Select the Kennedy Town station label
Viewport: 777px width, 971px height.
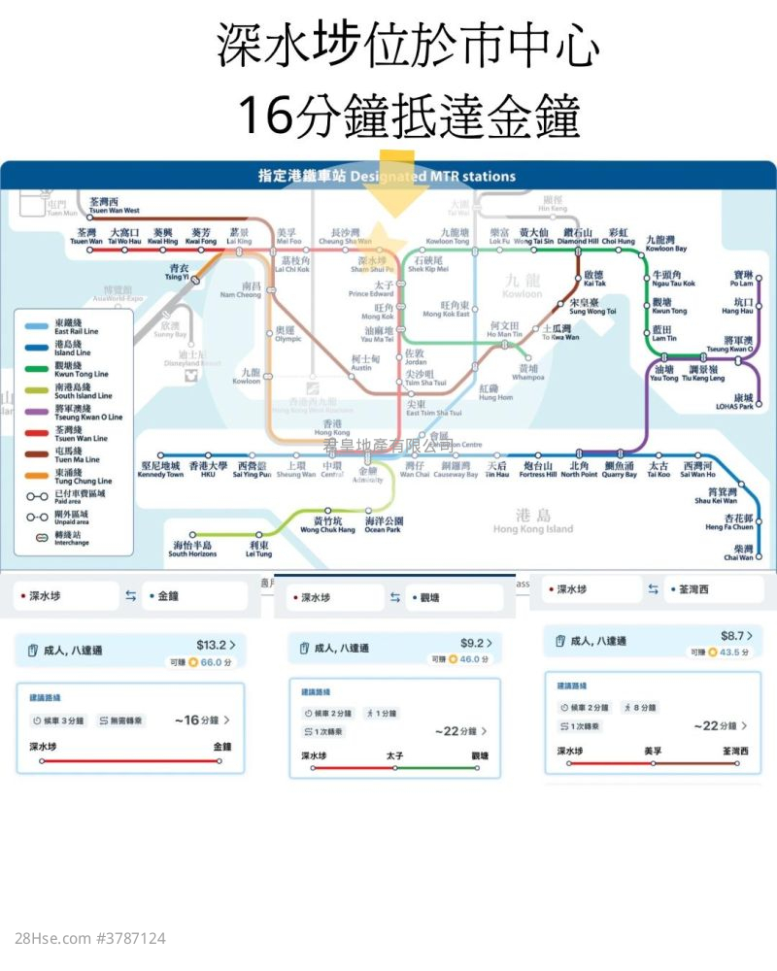click(x=161, y=470)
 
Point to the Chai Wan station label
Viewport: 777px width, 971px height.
click(x=738, y=552)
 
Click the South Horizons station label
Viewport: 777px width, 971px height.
click(x=192, y=549)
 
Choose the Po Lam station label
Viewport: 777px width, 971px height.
click(x=742, y=279)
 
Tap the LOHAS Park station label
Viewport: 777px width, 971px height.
click(x=743, y=402)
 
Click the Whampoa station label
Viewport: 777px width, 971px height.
click(x=528, y=373)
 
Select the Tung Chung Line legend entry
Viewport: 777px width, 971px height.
click(x=83, y=478)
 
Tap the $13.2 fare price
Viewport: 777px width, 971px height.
click(x=212, y=644)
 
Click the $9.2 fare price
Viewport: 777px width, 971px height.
click(x=472, y=643)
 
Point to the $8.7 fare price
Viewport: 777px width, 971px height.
click(x=732, y=636)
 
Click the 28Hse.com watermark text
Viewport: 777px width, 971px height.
click(x=90, y=939)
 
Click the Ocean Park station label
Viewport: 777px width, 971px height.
click(x=383, y=525)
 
